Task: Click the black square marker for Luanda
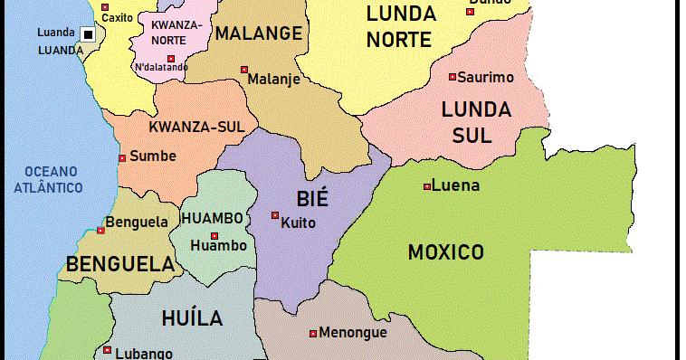click(88, 34)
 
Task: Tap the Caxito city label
click(117, 17)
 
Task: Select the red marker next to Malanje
click(244, 70)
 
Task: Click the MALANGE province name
click(258, 34)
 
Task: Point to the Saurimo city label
click(485, 78)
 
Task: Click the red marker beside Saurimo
click(453, 77)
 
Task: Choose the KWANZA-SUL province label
click(196, 127)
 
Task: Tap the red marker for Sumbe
click(122, 158)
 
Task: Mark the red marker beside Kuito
click(275, 215)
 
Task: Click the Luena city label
click(456, 186)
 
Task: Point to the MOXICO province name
click(445, 252)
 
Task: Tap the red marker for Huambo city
click(214, 236)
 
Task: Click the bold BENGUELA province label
click(119, 265)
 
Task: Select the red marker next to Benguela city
click(100, 231)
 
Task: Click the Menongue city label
click(353, 333)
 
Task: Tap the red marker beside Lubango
click(107, 350)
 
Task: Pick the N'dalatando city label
click(162, 67)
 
